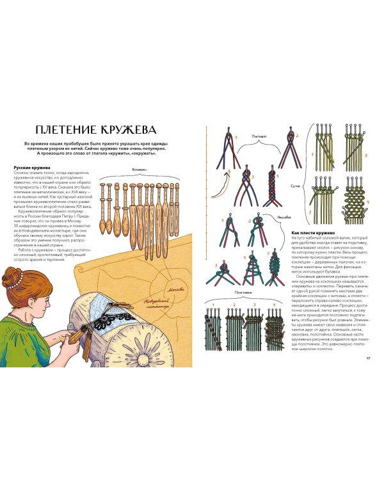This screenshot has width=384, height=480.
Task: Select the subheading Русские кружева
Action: pos(30,168)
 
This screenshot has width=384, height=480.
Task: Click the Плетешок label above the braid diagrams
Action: pos(259,136)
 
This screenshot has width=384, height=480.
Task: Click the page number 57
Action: pos(366,358)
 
